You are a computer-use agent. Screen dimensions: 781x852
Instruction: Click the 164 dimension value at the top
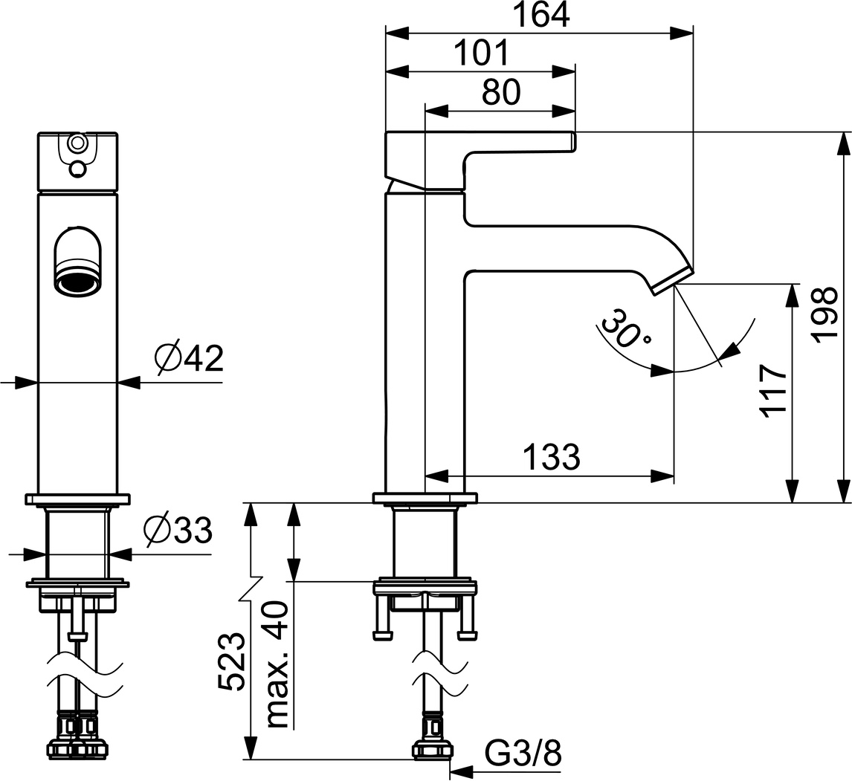click(539, 15)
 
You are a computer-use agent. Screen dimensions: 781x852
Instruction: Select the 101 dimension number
click(480, 54)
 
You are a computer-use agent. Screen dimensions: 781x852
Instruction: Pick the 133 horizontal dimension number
click(551, 457)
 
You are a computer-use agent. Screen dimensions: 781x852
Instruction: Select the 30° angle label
click(625, 328)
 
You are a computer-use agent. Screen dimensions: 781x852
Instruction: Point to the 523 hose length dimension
click(231, 662)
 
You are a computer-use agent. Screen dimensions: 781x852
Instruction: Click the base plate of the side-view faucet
click(425, 497)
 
